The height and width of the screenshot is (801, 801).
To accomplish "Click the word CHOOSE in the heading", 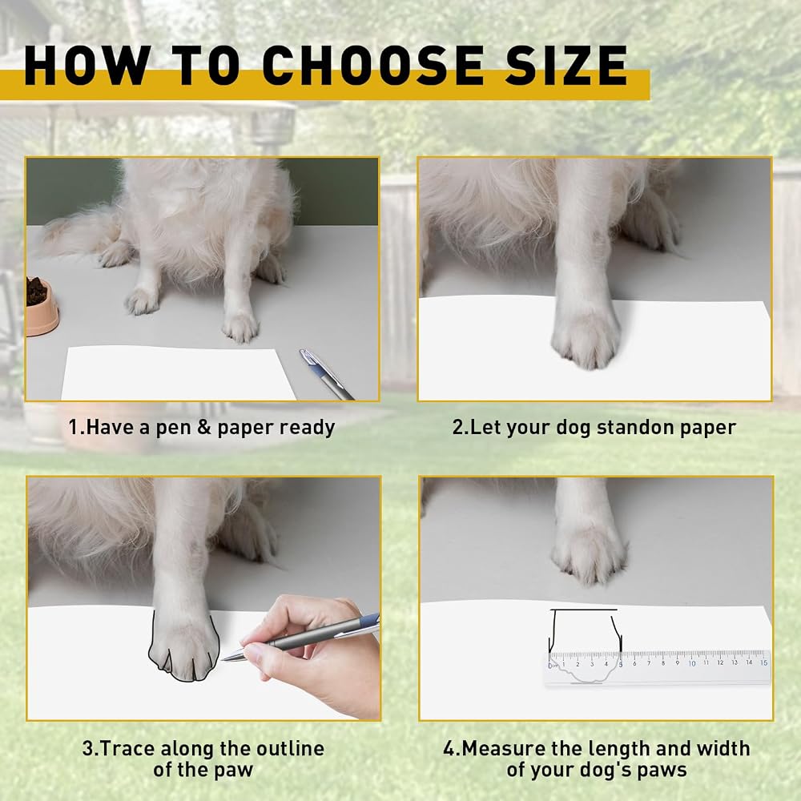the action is [x=373, y=65].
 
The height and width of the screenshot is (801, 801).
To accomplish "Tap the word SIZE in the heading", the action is [x=566, y=65].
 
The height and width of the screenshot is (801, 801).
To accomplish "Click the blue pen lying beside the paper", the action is [x=326, y=374].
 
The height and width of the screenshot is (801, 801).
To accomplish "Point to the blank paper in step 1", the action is [x=179, y=373].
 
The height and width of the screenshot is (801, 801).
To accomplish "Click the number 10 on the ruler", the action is [x=692, y=663].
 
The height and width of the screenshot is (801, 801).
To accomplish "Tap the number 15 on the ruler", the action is [x=763, y=662].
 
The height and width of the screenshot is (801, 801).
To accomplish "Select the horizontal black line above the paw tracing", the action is [x=583, y=610].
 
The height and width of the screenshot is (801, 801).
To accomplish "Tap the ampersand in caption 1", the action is [x=204, y=427].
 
